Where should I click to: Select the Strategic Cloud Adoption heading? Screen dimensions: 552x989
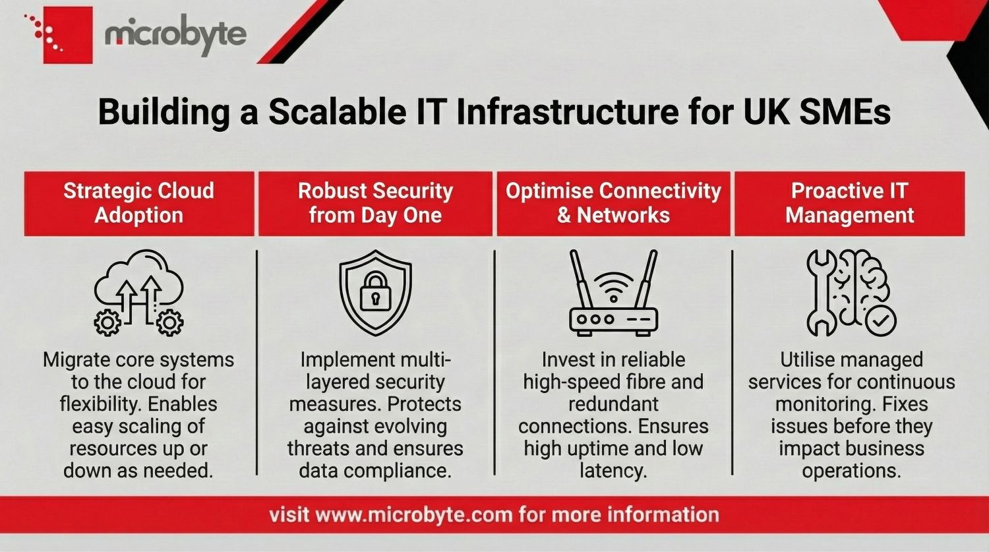pos(138,203)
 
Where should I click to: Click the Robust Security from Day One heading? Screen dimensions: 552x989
pos(375,203)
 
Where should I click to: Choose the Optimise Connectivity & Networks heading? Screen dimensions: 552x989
pos(613,203)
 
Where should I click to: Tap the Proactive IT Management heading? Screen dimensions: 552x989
pos(849,203)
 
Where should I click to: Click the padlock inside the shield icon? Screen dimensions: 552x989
pos(375,292)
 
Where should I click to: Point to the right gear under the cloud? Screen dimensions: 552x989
pos(170,322)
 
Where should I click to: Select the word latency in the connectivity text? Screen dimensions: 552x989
pos(613,471)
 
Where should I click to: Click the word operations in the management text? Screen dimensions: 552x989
pos(851,471)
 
